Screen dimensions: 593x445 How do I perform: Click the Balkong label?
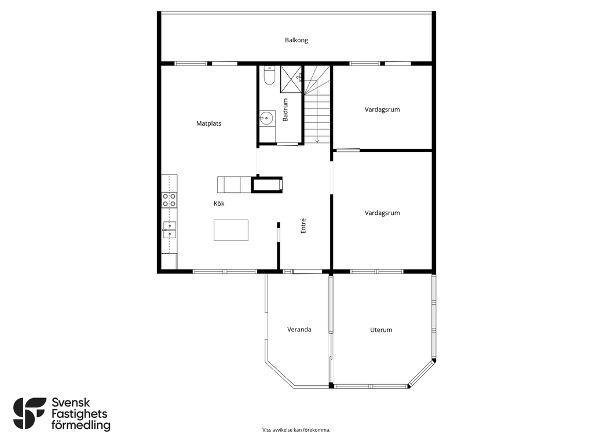(x=296, y=40)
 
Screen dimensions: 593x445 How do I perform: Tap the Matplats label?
(x=208, y=123)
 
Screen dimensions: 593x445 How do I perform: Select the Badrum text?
(x=285, y=110)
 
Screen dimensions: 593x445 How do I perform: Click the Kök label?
(x=219, y=203)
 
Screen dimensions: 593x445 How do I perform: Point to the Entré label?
(x=303, y=226)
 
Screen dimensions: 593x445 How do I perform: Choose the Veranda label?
(x=299, y=330)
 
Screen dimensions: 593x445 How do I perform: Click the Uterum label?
(x=381, y=330)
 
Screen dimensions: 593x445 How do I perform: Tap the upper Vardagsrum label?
(x=382, y=110)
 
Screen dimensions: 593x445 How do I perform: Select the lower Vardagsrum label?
(x=382, y=213)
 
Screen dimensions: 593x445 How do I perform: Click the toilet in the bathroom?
(x=270, y=76)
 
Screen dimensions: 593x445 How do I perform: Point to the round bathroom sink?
(x=267, y=118)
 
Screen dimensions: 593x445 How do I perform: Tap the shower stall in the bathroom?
(x=291, y=79)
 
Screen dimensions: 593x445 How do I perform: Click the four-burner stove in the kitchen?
(x=169, y=200)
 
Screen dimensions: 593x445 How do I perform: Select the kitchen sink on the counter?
(x=169, y=229)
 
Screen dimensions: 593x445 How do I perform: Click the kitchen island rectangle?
(x=231, y=230)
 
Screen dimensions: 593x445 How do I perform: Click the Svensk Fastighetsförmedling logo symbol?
(x=30, y=413)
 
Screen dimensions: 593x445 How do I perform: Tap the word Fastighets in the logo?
(x=79, y=414)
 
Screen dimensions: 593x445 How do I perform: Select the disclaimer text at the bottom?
(x=296, y=430)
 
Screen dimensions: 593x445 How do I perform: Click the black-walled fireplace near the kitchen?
(x=268, y=185)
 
